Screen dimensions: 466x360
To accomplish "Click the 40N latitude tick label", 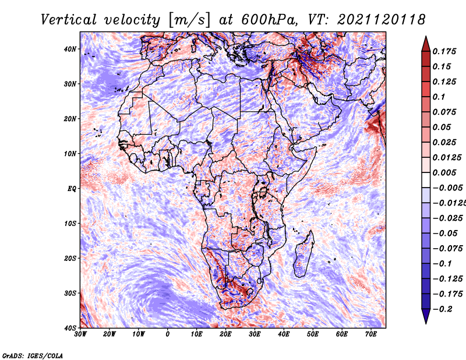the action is click(x=70, y=49).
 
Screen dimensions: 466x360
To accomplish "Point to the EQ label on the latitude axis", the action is click(x=72, y=189).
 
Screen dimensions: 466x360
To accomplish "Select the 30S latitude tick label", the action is click(x=70, y=294).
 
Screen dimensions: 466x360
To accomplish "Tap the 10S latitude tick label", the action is click(x=70, y=224).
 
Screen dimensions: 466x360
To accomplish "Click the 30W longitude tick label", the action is click(x=80, y=334).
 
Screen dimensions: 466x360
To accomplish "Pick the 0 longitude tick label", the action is click(x=168, y=334).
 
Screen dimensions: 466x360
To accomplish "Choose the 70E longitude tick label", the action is click(x=371, y=334).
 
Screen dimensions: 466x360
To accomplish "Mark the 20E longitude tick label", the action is click(x=225, y=334).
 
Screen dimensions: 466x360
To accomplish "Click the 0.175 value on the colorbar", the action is click(x=444, y=52).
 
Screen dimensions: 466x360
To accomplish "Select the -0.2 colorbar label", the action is click(x=442, y=309).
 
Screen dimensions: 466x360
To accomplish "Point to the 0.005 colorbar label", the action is click(x=444, y=172).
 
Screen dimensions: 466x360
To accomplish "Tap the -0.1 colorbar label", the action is click(x=442, y=264).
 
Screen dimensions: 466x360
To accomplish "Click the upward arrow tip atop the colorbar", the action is click(x=426, y=37).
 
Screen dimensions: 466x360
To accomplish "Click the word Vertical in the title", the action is click(x=69, y=20).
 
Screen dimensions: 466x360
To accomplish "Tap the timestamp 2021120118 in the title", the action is click(x=382, y=20).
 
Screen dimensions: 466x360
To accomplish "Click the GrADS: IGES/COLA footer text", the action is click(x=33, y=355).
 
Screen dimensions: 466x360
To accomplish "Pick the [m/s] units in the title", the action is click(x=189, y=20).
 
